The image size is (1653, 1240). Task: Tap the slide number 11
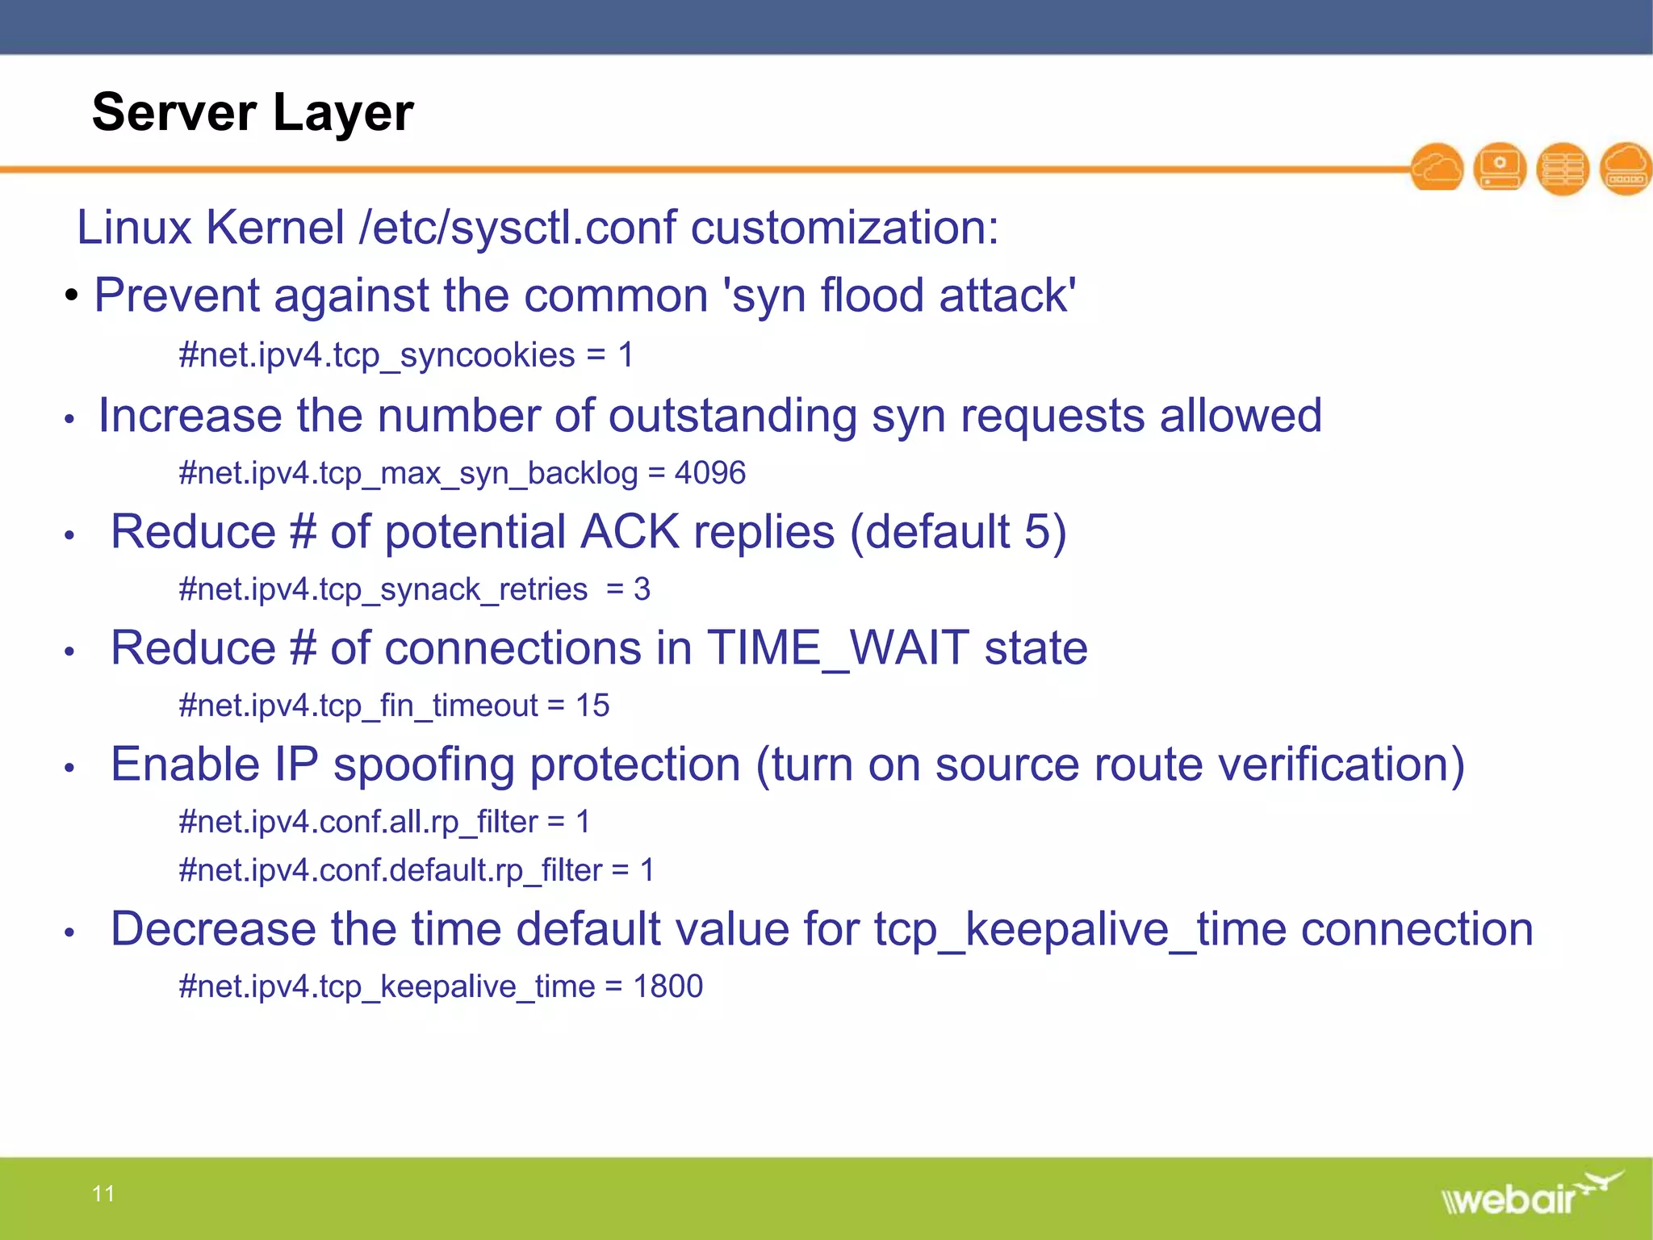click(x=103, y=1193)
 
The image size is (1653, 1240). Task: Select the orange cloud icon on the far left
click(x=1437, y=168)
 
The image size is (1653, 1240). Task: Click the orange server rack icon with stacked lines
click(x=1563, y=168)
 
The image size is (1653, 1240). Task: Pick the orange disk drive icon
click(x=1500, y=168)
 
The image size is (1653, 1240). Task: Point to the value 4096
click(x=709, y=473)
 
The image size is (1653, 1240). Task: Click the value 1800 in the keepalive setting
click(x=667, y=987)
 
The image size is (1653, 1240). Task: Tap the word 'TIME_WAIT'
click(x=838, y=648)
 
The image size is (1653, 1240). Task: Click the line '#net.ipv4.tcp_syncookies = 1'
click(x=406, y=355)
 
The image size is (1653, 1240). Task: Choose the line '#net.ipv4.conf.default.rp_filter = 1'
click(x=416, y=870)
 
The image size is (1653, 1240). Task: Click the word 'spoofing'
click(x=425, y=765)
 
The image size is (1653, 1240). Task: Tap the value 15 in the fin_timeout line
click(x=592, y=706)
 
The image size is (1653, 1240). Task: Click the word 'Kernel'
click(x=275, y=227)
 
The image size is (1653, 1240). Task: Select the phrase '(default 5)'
click(x=958, y=532)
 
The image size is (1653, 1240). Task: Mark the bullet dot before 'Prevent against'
click(x=72, y=295)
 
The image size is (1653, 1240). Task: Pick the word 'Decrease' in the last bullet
click(x=213, y=929)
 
